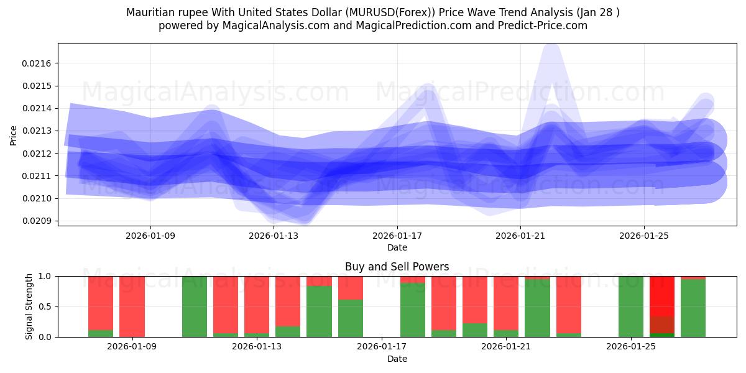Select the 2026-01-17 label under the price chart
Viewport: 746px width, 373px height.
[397, 236]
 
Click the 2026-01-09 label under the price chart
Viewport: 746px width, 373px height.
[150, 236]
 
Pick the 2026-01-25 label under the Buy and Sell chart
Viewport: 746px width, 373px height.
[631, 347]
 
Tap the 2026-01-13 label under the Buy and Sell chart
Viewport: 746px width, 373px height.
[257, 347]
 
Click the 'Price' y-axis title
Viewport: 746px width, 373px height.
[14, 134]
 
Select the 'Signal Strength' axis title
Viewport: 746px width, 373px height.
[29, 306]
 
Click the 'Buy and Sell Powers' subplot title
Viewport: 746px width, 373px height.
[397, 267]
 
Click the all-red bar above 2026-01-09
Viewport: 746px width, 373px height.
[132, 306]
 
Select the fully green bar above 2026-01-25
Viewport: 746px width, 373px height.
[631, 306]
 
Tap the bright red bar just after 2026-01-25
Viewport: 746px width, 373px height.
[662, 295]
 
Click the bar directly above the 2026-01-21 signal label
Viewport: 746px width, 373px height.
[506, 306]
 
